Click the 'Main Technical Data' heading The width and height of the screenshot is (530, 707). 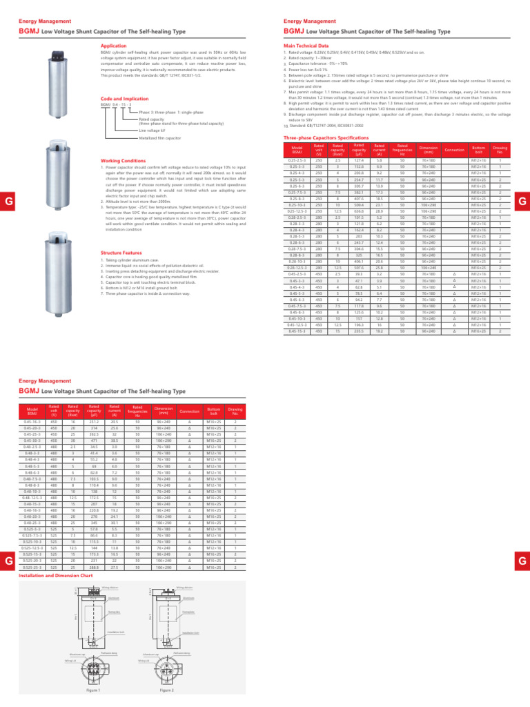(x=306, y=44)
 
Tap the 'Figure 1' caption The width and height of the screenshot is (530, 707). (x=93, y=690)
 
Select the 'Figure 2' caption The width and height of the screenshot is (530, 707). (x=166, y=690)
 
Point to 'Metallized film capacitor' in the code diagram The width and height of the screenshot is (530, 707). (x=159, y=138)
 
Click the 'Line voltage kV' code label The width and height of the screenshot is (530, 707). (x=152, y=130)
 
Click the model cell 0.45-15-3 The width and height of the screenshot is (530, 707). (x=297, y=331)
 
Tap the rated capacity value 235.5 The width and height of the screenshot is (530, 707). (x=359, y=331)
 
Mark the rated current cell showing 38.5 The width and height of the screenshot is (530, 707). (x=115, y=440)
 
